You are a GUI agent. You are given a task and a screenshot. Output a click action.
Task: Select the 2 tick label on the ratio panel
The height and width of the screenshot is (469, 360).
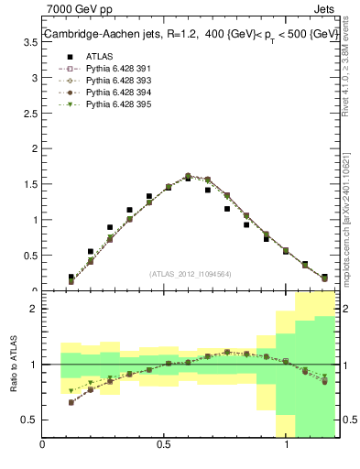pyautogui.click(x=34, y=309)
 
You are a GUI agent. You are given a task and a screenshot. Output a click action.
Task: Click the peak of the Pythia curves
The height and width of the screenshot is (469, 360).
pyautogui.click(x=188, y=176)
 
